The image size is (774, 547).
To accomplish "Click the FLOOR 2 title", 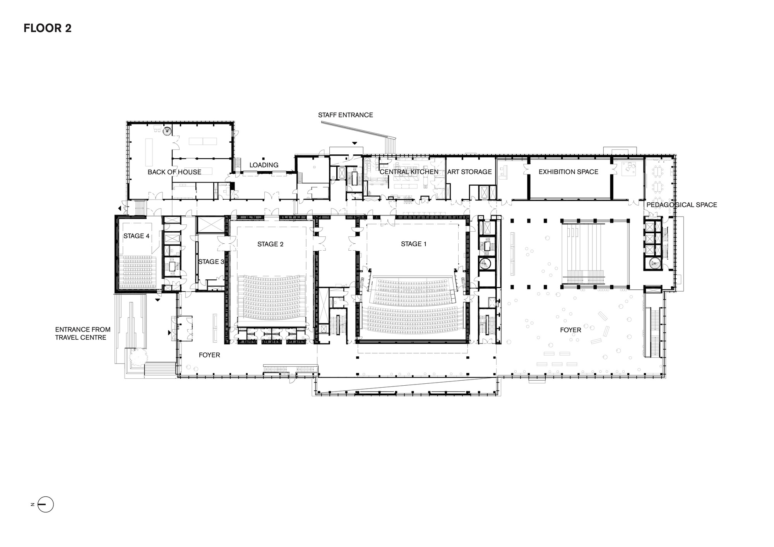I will [x=48, y=29].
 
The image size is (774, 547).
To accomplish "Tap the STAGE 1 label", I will [x=413, y=244].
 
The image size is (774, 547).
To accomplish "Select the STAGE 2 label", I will [x=270, y=244].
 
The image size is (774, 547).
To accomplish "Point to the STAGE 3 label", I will [x=211, y=262].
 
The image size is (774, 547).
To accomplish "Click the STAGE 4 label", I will [x=136, y=236].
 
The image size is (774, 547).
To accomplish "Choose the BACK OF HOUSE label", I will [x=174, y=172].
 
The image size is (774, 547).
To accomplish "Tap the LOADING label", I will [x=264, y=165].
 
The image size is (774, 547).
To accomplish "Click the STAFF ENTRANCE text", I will [x=345, y=115].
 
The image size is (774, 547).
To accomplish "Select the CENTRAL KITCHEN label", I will [x=409, y=172].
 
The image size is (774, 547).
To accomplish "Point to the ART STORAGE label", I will [x=469, y=172].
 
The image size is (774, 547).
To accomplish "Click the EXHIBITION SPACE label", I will [x=568, y=172].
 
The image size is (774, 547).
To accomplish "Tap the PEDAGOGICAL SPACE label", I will [x=682, y=205].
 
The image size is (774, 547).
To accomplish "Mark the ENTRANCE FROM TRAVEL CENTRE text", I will [x=82, y=333].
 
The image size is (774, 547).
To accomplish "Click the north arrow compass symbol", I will [x=46, y=504].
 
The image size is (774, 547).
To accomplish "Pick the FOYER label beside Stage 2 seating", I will [x=209, y=355].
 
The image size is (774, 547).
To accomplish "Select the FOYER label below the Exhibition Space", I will [x=570, y=330].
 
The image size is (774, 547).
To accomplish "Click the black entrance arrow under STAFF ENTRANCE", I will [x=354, y=144].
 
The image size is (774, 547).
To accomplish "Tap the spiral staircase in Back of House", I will [x=167, y=131].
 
